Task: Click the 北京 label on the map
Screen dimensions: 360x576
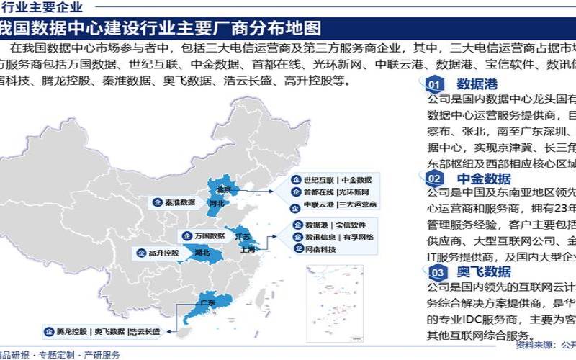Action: click(224, 189)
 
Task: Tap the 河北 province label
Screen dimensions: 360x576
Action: click(216, 204)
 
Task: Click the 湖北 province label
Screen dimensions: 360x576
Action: click(202, 253)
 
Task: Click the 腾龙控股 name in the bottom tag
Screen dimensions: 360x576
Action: click(71, 332)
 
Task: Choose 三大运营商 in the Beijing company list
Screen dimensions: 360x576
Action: click(359, 205)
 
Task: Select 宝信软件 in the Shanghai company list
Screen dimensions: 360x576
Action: click(359, 225)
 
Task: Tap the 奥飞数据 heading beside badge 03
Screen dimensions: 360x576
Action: click(484, 271)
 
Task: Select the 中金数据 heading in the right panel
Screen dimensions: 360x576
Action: click(484, 178)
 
